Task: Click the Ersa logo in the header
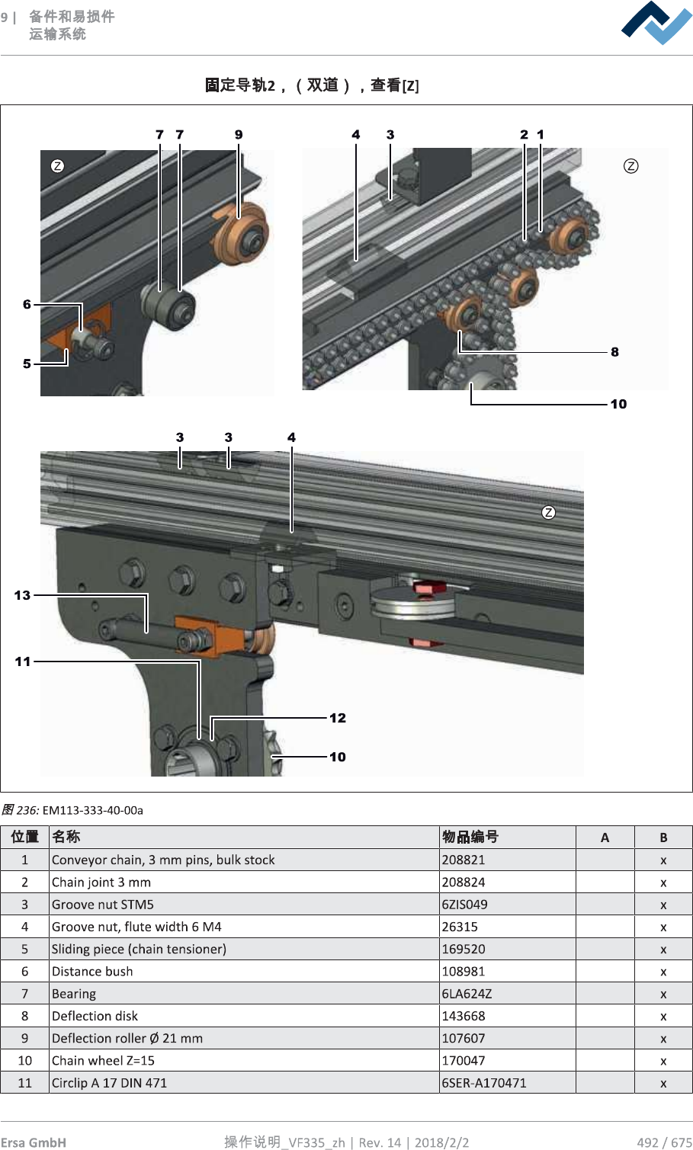656,23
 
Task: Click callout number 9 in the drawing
239,135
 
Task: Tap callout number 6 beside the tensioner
27,305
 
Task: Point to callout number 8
614,352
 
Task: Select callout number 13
22,595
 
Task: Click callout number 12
338,718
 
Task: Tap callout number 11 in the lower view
23,661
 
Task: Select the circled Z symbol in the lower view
548,512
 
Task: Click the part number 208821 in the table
464,860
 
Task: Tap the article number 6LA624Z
467,994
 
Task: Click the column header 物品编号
470,837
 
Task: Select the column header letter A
605,838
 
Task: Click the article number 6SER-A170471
484,1083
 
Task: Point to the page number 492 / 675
664,1142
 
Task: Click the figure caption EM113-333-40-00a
92,810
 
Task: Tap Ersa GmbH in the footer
34,1142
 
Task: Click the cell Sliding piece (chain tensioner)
139,949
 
